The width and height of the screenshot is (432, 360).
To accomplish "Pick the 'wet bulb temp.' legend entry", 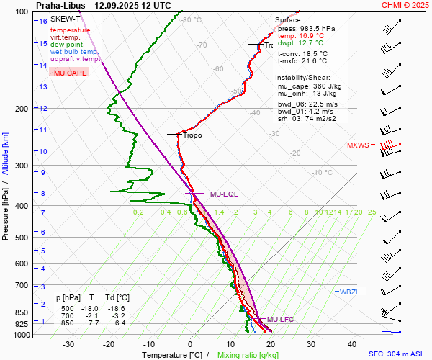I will [x=73, y=52].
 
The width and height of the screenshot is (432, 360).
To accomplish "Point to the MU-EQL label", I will [x=224, y=194].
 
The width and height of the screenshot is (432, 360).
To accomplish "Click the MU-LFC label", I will [x=281, y=319].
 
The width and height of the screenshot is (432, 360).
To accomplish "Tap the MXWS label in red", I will [x=357, y=145].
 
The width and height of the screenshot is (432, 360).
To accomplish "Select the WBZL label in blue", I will [x=348, y=292].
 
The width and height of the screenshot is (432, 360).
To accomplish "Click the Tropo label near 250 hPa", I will [x=192, y=135].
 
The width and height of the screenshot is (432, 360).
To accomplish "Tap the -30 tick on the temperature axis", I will [x=69, y=344].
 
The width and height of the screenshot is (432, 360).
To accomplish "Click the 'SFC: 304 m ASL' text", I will [x=397, y=354].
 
